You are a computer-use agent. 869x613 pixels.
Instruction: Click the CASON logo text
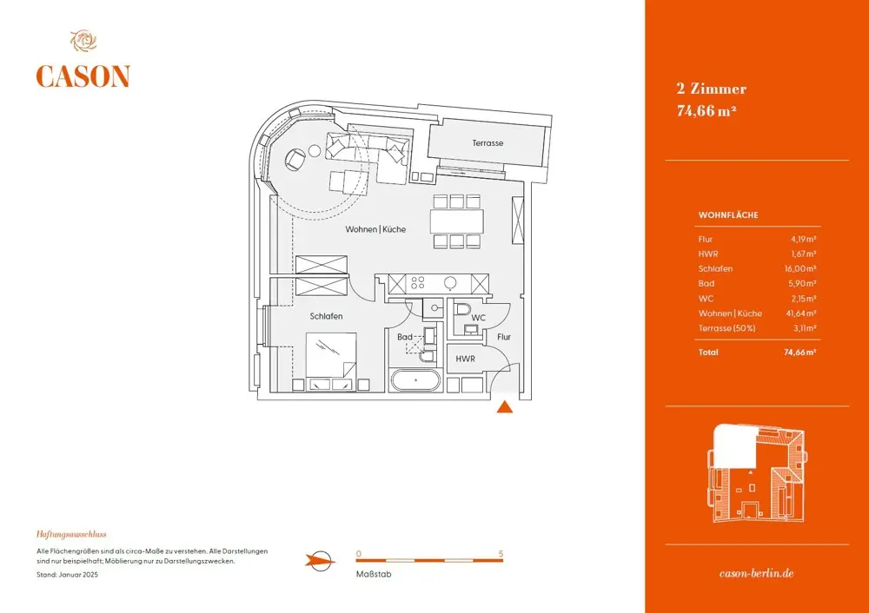click(x=83, y=76)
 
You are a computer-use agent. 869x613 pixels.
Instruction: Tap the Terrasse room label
click(x=488, y=143)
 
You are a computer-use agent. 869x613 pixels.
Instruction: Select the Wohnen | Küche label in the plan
click(x=375, y=229)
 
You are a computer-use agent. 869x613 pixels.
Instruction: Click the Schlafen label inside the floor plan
click(x=326, y=316)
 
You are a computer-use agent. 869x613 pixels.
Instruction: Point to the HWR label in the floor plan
click(x=466, y=359)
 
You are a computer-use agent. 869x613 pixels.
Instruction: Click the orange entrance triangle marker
click(x=504, y=407)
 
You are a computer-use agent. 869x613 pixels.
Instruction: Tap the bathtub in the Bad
click(x=416, y=380)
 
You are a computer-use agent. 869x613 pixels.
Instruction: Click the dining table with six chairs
click(x=457, y=221)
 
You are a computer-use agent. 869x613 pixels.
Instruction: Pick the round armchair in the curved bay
click(x=295, y=160)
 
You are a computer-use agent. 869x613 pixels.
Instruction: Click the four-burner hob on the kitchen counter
click(x=417, y=283)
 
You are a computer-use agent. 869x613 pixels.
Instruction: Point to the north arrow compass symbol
click(x=321, y=562)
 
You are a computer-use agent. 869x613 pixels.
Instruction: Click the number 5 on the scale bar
click(x=501, y=554)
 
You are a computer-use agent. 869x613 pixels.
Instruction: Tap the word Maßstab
click(x=374, y=574)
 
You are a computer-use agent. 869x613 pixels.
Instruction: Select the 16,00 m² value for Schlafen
click(x=803, y=268)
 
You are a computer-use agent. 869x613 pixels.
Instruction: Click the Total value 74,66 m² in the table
click(x=799, y=353)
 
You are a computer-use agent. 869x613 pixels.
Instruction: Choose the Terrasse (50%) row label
click(x=726, y=328)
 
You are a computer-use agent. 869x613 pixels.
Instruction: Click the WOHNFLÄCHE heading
click(x=728, y=214)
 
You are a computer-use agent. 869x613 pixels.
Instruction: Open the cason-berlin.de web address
click(x=757, y=574)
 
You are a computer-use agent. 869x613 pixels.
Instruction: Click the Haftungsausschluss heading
click(x=71, y=534)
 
